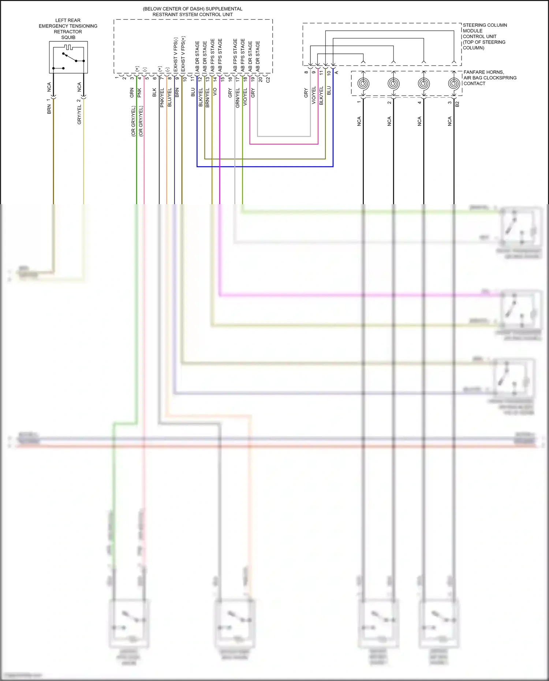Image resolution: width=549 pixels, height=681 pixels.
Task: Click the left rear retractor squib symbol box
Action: coord(68,57)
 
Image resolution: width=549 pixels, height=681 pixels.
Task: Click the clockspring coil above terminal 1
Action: coord(363,84)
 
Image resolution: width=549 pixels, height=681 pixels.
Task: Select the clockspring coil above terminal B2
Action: coord(454,84)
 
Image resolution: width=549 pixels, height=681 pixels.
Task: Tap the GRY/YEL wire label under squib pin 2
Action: coord(79,114)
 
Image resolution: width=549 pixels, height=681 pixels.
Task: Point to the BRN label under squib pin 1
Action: coord(49,109)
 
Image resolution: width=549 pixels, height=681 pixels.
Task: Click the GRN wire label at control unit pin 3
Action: coord(132,93)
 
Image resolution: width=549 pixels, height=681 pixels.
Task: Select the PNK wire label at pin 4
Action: coord(139,93)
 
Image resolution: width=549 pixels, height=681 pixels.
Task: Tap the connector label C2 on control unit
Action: coord(268,79)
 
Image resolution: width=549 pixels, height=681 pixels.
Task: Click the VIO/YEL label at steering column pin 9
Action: coord(314,95)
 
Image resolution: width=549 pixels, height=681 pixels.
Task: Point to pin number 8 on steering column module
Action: coord(306,72)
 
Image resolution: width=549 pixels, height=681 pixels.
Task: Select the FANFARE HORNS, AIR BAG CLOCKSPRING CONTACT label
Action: coord(490,78)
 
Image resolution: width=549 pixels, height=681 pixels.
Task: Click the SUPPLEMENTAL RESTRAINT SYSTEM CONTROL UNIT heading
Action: coord(193,11)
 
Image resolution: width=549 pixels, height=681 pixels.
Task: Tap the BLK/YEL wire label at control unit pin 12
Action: coord(200,97)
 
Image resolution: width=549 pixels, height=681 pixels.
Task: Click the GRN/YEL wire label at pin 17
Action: coord(238,98)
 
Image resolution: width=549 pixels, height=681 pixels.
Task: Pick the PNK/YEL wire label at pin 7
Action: coord(162,97)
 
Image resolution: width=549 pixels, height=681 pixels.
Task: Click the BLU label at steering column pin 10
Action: coord(329,90)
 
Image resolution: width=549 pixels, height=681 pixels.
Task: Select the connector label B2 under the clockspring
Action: coord(457,104)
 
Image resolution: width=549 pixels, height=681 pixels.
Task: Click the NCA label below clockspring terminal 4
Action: coord(419,121)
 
